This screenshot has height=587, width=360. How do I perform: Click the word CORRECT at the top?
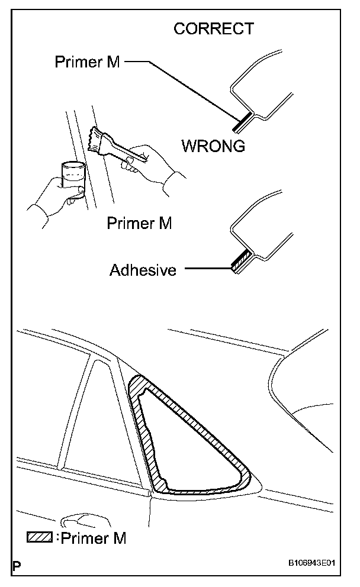coord(213,28)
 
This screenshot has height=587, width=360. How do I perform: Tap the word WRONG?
coord(213,146)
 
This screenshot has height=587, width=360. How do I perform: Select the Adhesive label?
coord(143,270)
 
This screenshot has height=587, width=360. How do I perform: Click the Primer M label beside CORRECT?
coord(87,62)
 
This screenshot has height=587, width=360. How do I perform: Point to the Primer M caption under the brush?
coord(139,223)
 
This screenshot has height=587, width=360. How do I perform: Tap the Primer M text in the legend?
coord(94,538)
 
